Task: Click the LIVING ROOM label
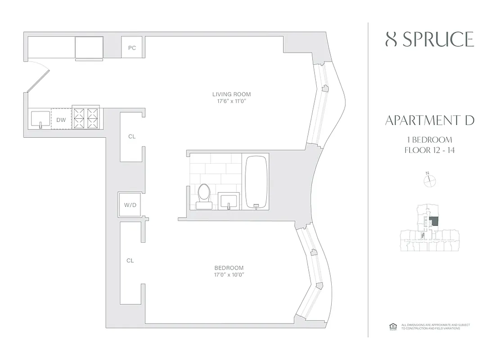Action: pos(231,94)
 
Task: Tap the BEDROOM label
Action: pos(229,267)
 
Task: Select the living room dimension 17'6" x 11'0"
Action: pos(231,101)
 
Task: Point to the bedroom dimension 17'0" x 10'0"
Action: pos(229,274)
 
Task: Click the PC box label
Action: pos(132,48)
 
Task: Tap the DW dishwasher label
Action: pos(61,120)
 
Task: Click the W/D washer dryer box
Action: pos(130,205)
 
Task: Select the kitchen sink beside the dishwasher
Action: pos(40,119)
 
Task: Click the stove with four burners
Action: pos(86,118)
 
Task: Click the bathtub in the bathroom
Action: pos(256,182)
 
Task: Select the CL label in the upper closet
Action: pos(131,136)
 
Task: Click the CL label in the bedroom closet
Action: pos(130,261)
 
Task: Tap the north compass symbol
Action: pos(430,180)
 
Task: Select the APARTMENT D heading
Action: pos(430,121)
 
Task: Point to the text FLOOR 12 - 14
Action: pos(430,150)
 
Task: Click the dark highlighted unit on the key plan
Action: pos(435,221)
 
